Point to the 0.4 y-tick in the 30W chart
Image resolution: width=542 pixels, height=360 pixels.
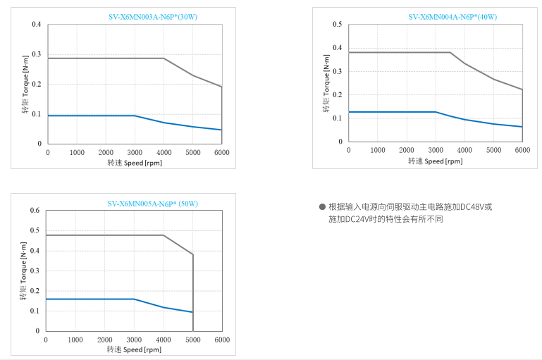37,25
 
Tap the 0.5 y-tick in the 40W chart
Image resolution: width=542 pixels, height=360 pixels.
338,25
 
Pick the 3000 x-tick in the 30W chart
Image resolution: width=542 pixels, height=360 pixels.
135,152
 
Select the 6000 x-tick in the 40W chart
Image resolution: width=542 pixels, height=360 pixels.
522,150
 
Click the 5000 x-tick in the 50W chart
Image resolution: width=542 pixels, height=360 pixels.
192,340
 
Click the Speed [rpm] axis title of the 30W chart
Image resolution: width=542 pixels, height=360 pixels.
135,162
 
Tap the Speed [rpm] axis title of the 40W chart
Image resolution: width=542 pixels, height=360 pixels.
436,161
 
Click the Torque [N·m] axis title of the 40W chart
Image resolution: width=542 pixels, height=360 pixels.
326,83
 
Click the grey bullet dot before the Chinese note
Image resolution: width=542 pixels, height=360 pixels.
322,207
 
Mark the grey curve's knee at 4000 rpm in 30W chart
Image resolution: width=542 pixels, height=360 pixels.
164,58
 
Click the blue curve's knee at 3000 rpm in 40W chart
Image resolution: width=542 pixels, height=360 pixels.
436,112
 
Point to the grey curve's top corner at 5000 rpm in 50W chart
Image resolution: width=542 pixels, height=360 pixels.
192,254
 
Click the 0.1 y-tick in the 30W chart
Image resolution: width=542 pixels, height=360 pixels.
37,114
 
